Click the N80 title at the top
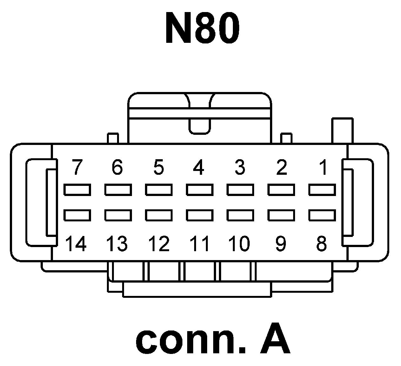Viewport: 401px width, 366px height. point(202,28)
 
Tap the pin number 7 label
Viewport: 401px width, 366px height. point(76,167)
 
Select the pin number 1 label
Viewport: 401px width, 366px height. point(323,167)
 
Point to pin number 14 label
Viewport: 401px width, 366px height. point(76,244)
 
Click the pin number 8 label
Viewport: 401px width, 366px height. point(321,244)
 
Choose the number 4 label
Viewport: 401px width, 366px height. point(199,167)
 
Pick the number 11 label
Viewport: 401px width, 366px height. point(200,244)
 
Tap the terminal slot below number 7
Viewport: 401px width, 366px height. point(77,190)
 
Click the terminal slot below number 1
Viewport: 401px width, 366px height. point(322,190)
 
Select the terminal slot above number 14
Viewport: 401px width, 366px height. point(77,215)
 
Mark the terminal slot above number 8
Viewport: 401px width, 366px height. point(322,215)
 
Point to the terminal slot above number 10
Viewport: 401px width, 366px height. point(240,215)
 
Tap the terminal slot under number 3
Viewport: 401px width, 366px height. point(240,190)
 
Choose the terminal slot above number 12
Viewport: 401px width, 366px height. point(159,215)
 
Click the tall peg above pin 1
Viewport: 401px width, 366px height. point(342,131)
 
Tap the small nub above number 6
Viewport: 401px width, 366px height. point(113,138)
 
